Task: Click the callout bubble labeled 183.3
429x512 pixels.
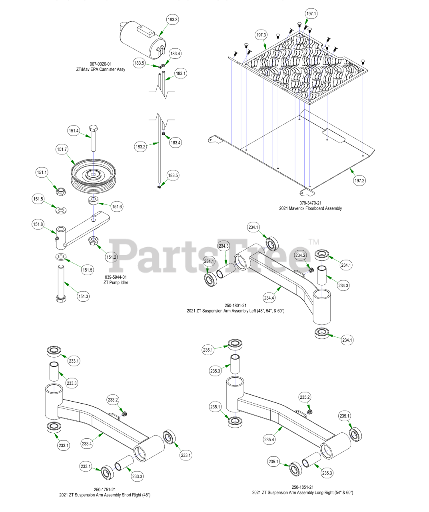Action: pos(173,19)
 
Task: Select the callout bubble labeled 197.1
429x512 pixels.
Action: pos(311,14)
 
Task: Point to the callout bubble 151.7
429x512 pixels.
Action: pos(62,149)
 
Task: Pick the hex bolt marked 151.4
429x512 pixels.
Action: pos(94,138)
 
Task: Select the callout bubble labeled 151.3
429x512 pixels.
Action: pos(83,296)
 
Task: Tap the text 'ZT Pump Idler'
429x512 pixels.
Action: pos(116,282)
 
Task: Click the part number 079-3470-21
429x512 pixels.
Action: pos(310,203)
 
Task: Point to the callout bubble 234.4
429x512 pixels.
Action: pos(269,298)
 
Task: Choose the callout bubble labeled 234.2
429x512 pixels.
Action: pos(300,255)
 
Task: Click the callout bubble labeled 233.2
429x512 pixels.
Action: pos(113,400)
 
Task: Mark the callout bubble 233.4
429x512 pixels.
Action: pos(87,443)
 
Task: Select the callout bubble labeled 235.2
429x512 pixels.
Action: pos(305,397)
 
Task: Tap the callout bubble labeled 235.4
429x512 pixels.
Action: pos(269,439)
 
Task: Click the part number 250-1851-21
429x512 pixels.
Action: pos(302,487)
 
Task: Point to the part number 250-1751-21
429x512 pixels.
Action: pos(105,490)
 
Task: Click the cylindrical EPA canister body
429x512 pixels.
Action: pos(140,40)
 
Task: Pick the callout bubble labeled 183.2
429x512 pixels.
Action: pos(140,147)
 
